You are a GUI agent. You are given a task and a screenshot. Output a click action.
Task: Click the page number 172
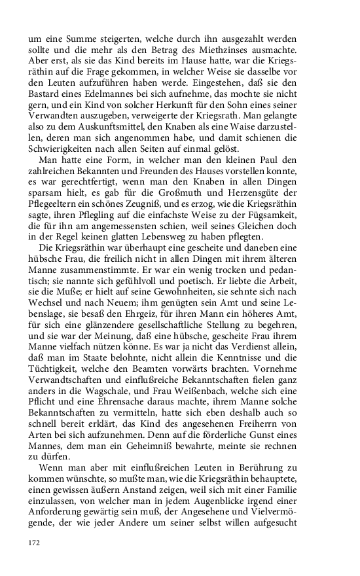34,542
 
